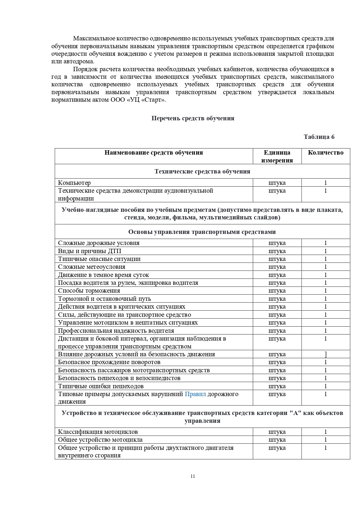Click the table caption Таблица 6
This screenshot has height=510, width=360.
(319, 137)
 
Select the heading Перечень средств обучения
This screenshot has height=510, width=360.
(193, 118)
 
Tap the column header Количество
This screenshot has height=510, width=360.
(325, 153)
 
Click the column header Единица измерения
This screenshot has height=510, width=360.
(277, 156)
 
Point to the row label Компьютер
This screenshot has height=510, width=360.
(74, 183)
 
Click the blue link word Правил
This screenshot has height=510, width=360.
(195, 394)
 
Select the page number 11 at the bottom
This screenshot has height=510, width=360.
(193, 476)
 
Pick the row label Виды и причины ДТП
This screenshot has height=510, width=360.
(89, 251)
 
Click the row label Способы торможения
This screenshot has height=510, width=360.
(89, 291)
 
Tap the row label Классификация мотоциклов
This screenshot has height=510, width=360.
(98, 432)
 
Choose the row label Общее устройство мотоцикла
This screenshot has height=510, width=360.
(100, 440)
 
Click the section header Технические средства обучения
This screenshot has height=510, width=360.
(202, 171)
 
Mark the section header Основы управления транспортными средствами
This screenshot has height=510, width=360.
(202, 232)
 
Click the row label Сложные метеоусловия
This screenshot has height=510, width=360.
(91, 267)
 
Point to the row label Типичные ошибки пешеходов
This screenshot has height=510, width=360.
(101, 386)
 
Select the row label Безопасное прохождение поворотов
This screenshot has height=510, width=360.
(109, 362)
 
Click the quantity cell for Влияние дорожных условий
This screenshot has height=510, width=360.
(325, 354)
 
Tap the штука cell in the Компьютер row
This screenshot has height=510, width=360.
(277, 183)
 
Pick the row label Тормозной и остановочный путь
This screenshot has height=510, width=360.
(105, 299)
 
